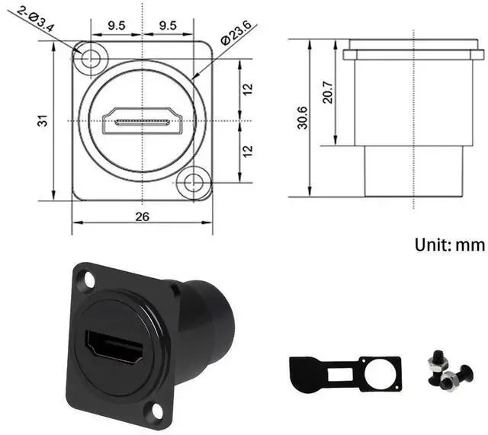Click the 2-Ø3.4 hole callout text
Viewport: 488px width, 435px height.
pos(36,19)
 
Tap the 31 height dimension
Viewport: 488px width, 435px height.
pos(43,120)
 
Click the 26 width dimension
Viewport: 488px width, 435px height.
pos(143,216)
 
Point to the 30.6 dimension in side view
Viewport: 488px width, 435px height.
pos(302,117)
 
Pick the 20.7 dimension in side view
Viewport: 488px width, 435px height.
pos(328,92)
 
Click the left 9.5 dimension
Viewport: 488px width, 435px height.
pos(117,25)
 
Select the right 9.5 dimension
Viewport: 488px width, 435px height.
pos(168,25)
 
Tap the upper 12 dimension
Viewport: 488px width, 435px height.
pos(248,89)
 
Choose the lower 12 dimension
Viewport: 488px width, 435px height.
pos(248,151)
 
